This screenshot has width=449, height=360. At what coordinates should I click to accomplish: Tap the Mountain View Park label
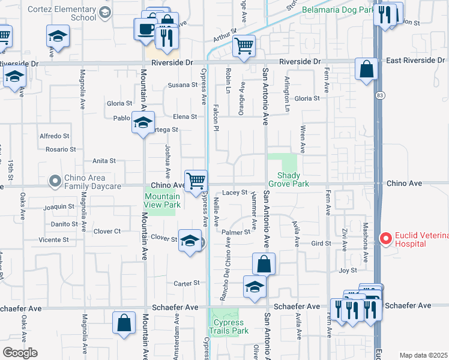(162, 200)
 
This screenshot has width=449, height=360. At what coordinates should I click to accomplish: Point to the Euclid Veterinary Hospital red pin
(385, 239)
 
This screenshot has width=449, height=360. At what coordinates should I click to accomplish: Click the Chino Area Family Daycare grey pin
(55, 180)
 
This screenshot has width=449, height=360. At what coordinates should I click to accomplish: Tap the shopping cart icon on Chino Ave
(196, 180)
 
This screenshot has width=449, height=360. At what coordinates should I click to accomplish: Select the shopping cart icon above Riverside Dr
(244, 45)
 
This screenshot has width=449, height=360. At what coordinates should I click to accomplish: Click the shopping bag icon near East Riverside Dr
(366, 69)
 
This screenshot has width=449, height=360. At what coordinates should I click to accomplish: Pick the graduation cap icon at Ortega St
(143, 122)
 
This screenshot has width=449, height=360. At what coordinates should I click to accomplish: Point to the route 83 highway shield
(380, 95)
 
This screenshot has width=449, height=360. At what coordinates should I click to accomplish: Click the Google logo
(20, 352)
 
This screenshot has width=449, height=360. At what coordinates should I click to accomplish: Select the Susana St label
(182, 85)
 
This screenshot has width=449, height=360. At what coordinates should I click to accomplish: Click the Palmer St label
(235, 232)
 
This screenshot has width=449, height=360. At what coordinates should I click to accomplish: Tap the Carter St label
(186, 283)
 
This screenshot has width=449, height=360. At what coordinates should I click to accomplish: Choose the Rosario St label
(61, 149)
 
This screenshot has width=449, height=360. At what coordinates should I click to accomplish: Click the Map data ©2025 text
(424, 355)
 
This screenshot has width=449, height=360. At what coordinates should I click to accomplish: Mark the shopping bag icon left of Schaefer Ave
(123, 322)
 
